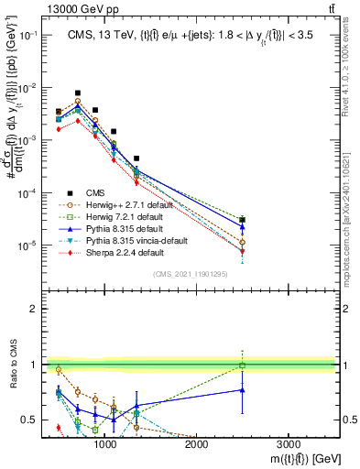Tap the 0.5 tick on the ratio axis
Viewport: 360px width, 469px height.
click(37, 420)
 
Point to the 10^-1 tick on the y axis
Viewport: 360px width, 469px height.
click(33, 34)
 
